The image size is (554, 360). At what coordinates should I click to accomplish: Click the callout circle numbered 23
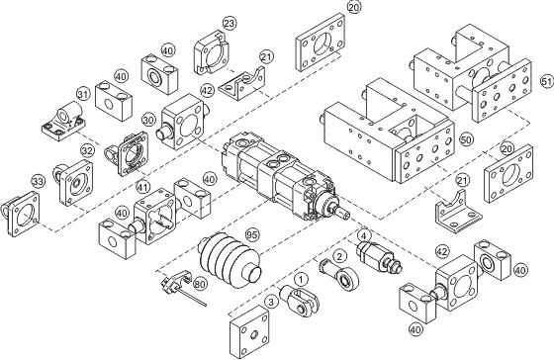pyautogui.click(x=230, y=22)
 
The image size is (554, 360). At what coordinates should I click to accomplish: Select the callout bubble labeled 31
pyautogui.click(x=83, y=95)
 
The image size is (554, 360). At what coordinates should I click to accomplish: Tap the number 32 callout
pyautogui.click(x=87, y=151)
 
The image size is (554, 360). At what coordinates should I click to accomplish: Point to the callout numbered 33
pyautogui.click(x=39, y=181)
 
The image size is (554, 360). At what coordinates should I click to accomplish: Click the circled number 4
pyautogui.click(x=364, y=236)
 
